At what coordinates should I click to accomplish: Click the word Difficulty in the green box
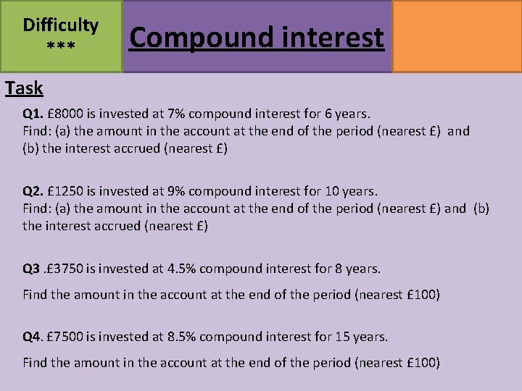[x=61, y=25]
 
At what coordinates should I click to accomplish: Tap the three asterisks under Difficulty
[x=61, y=48]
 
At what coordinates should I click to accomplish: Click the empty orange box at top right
[x=457, y=36]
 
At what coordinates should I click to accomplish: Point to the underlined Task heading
[x=24, y=88]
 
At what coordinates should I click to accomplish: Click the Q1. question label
[x=33, y=114]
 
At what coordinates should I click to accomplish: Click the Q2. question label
[x=33, y=191]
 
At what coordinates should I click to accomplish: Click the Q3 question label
[x=32, y=269]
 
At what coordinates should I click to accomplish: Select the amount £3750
[x=67, y=269]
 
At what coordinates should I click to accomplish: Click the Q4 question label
[x=32, y=337]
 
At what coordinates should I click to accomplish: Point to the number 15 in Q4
[x=342, y=337]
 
